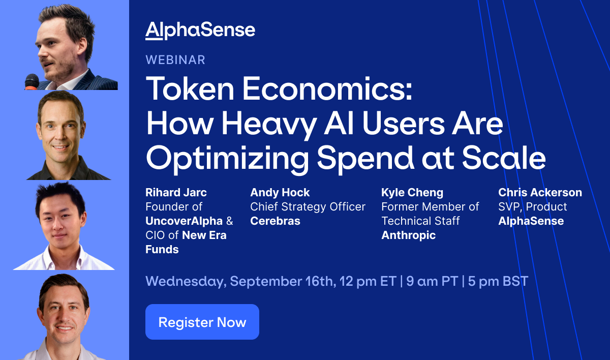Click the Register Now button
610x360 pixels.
coord(202,321)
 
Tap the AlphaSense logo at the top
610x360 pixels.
coord(200,31)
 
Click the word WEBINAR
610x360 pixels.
coord(175,60)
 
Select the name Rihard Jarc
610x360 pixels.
coord(176,193)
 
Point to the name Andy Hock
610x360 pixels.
coord(280,193)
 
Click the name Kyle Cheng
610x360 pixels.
coord(412,193)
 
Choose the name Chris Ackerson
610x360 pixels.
coord(540,193)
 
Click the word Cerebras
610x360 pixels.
coord(275,221)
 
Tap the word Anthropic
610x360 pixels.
coord(409,235)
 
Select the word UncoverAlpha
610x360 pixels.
coord(184,221)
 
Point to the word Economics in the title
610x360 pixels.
coord(327,88)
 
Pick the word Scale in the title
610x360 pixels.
coord(504,158)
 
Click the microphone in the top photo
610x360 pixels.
coord(32,82)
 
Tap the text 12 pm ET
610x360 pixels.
coord(368,281)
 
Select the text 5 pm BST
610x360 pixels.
coord(498,281)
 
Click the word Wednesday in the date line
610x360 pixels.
coord(186,282)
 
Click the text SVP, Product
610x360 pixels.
coord(532,207)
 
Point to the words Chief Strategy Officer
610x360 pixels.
coord(308,207)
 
